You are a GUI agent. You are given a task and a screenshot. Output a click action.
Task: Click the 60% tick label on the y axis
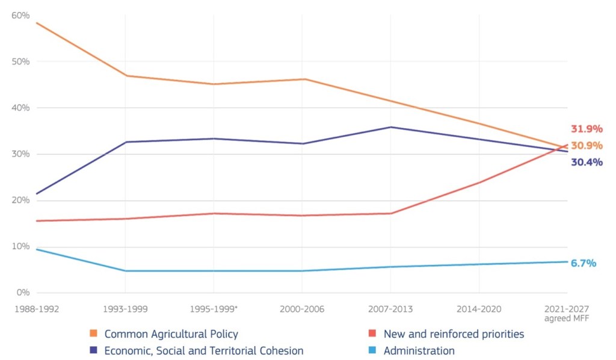coord(20,15)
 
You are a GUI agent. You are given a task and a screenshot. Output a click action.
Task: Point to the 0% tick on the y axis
coord(23,293)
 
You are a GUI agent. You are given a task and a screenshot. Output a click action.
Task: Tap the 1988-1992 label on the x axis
coord(37,309)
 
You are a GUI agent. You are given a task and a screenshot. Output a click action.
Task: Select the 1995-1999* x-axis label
coord(214,309)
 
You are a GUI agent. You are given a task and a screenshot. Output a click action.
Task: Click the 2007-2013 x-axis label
coord(390,309)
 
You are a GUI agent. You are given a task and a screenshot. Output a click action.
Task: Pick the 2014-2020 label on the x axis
coord(479,309)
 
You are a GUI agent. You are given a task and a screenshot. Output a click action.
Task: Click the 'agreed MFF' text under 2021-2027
coord(567,318)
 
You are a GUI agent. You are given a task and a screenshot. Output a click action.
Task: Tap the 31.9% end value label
coord(586,129)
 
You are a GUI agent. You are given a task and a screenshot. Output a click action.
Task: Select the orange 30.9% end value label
coord(586,146)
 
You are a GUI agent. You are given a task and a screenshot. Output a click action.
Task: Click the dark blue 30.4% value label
coord(586,162)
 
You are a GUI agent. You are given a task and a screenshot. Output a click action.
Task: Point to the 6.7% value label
coord(583,263)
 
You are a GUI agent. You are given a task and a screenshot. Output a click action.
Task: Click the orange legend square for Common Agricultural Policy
coord(93,334)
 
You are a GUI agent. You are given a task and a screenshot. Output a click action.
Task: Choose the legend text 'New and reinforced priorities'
coord(454,334)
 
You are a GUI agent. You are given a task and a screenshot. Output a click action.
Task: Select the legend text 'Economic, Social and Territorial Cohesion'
coord(204,350)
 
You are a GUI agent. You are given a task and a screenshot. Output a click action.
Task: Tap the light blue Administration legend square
coord(372,350)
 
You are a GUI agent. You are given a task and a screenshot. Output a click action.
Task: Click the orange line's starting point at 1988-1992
coord(37,23)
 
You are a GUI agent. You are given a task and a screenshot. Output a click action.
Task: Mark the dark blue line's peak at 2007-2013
coord(390,127)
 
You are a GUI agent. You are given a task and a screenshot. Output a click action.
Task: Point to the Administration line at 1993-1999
coord(125,271)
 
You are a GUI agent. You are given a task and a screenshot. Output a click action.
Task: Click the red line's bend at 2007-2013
coord(390,213)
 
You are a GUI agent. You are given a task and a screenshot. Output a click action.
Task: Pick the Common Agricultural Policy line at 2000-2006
coord(302,79)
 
